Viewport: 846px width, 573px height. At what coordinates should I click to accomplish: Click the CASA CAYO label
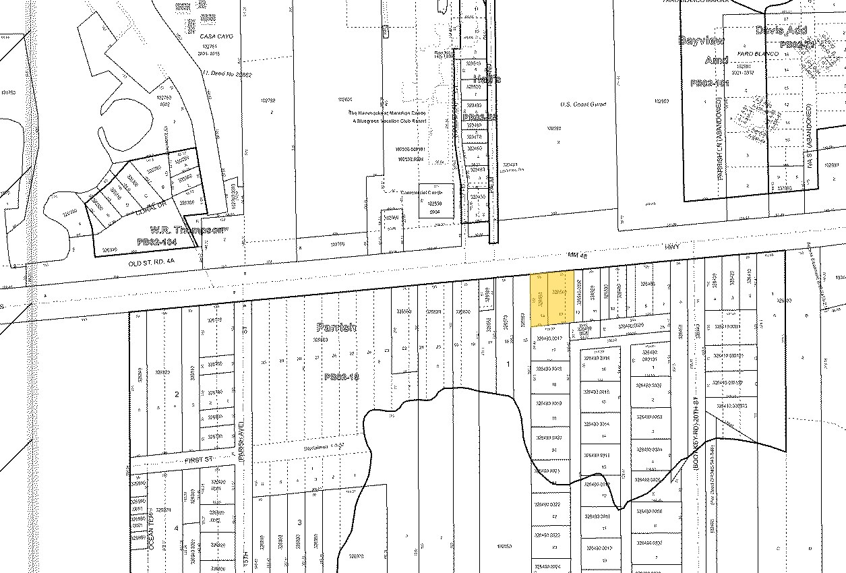point(216,36)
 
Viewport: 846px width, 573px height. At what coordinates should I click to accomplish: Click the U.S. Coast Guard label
point(583,104)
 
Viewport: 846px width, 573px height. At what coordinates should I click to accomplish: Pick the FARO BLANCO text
point(753,53)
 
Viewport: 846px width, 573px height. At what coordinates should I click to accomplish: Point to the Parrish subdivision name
point(336,327)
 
